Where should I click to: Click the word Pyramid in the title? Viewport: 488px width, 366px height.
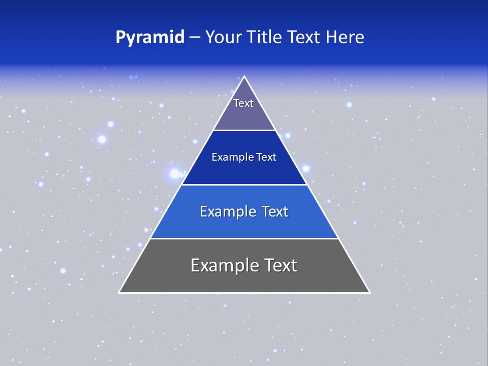[x=149, y=38]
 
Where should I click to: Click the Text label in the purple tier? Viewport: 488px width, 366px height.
[x=243, y=103]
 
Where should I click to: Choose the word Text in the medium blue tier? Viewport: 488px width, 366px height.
[x=275, y=211]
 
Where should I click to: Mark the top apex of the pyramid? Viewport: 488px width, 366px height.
[x=245, y=77]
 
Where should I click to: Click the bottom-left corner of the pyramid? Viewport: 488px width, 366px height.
[x=119, y=292]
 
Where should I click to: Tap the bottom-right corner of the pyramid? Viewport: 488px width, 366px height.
[x=370, y=292]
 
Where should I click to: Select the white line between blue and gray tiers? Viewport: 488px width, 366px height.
[x=244, y=238]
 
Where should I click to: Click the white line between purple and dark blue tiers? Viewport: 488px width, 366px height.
[x=244, y=130]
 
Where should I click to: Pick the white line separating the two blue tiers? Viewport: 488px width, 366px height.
[x=244, y=185]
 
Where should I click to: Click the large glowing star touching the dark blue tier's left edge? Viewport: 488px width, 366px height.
[x=175, y=173]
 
